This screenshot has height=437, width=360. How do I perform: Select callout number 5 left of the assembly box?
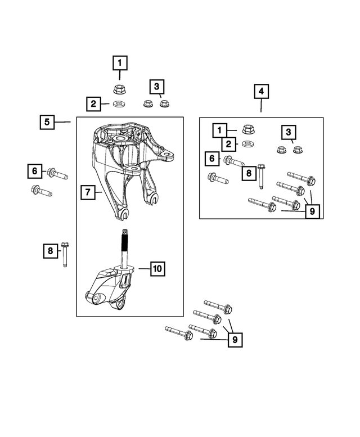(x=47, y=121)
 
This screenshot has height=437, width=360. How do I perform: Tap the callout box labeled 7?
(x=87, y=192)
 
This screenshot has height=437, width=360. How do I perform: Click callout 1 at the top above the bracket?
(x=119, y=62)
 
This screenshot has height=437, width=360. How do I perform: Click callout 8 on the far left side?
(x=50, y=250)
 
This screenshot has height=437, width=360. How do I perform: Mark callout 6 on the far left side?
(x=34, y=170)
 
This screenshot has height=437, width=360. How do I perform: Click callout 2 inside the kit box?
(x=228, y=145)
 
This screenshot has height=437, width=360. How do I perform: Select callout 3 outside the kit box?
(x=156, y=87)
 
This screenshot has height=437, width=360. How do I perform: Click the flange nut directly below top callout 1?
(x=119, y=88)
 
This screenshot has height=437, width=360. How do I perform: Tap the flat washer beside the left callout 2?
(x=119, y=104)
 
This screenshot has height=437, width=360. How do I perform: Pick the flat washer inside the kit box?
(x=246, y=145)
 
